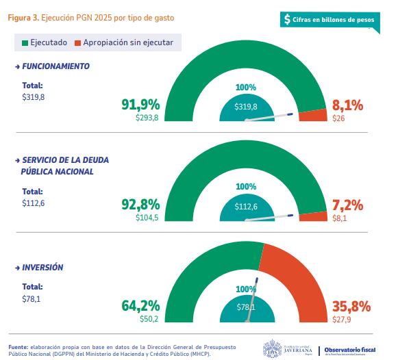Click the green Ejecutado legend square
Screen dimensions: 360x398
coord(25,43)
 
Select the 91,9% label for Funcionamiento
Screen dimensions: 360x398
coord(140,105)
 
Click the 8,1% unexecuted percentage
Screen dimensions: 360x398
coord(347,105)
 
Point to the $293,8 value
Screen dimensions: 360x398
coord(147,118)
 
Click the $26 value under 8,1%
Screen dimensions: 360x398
coord(338,118)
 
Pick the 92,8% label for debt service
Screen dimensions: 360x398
coord(140,205)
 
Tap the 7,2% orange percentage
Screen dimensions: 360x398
coord(347,205)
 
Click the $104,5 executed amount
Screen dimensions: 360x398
coord(147,218)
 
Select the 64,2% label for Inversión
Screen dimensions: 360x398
coord(140,305)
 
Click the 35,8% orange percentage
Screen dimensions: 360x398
coord(351,305)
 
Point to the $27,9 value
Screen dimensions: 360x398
coord(341,318)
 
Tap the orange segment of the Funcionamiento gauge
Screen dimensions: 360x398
coord(314,116)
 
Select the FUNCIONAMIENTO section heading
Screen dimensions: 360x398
coord(55,66)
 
